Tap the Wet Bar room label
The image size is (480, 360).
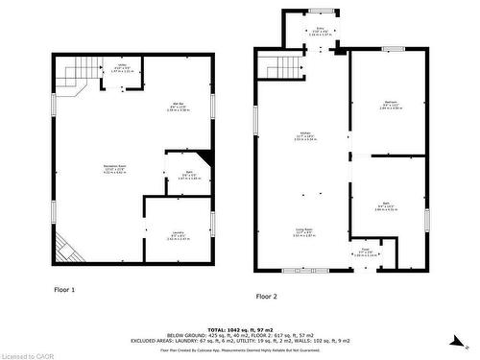[x=179, y=107]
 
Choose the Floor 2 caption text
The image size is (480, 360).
[x=266, y=296]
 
